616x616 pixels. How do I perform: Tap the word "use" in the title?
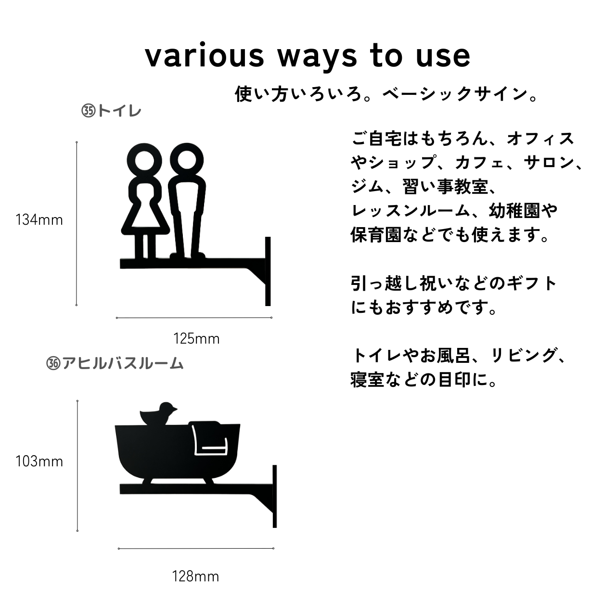click(443, 57)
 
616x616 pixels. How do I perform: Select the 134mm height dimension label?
click(39, 220)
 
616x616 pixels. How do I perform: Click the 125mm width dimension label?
click(196, 338)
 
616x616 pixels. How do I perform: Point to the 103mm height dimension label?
click(39, 462)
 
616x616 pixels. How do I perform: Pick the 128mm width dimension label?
click(196, 577)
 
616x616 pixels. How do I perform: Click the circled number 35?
click(89, 111)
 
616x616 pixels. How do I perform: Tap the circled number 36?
click(53, 363)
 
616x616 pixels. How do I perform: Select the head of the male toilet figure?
click(187, 160)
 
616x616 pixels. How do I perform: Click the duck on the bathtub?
click(159, 414)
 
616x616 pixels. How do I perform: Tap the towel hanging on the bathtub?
click(208, 437)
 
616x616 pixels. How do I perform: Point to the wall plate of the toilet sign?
click(268, 271)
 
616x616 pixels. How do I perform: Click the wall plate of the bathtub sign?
click(275, 497)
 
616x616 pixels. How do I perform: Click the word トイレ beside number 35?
click(119, 111)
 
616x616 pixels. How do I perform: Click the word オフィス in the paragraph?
click(540, 139)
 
